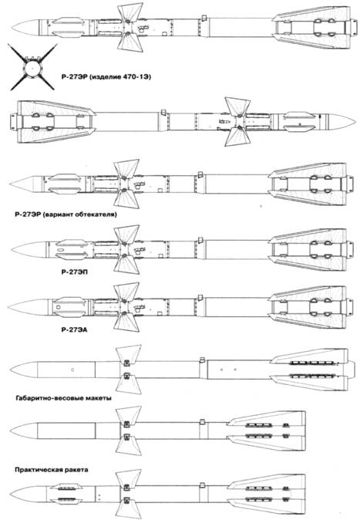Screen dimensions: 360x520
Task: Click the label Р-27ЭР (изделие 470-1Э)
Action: tap(106, 77)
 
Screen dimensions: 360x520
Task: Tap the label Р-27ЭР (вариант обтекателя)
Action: tap(66, 214)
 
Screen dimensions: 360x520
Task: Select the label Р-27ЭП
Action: tap(75, 272)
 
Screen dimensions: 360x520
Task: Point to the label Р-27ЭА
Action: tap(74, 329)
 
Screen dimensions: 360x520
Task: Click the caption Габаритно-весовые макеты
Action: tap(63, 398)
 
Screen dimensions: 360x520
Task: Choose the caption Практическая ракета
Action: tap(52, 470)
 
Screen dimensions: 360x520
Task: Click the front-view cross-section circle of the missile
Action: tap(32, 67)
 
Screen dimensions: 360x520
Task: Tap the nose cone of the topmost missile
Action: tap(26, 27)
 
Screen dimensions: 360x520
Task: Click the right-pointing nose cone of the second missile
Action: tap(341, 121)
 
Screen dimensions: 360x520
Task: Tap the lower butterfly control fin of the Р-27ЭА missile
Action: tap(126, 322)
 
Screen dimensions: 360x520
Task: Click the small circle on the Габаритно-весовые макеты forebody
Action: tap(72, 370)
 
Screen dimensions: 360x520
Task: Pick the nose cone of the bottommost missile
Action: tap(29, 495)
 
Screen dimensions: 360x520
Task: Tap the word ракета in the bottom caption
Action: tap(76, 470)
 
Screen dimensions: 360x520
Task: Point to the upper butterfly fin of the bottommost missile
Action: tap(128, 478)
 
